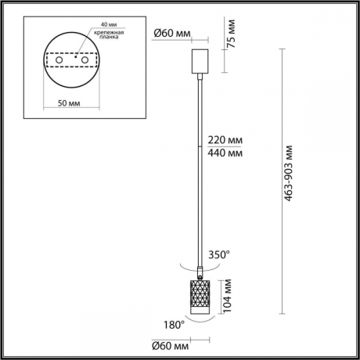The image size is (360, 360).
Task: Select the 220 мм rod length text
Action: pos(224,140)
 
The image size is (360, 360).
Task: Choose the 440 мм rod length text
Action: pos(224,153)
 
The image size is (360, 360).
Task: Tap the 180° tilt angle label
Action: pos(174,324)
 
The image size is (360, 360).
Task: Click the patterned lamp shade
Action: pos(200,295)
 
